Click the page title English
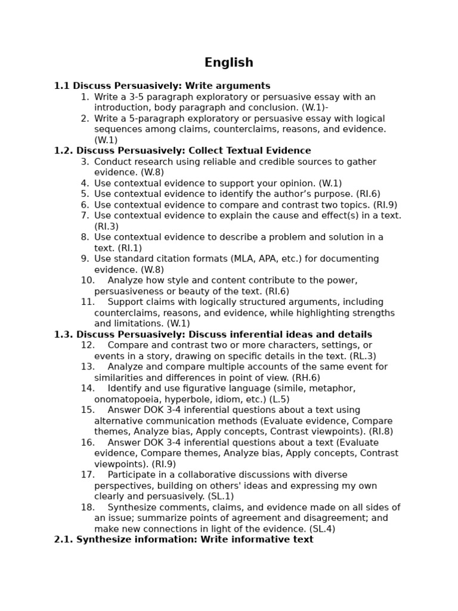(228, 63)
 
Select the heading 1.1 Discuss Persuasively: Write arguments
(162, 86)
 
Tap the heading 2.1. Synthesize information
(183, 539)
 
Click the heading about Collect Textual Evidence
(182, 151)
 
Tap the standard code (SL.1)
(221, 496)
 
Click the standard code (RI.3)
(106, 227)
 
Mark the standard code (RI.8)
(381, 431)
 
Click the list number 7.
(85, 215)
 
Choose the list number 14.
(88, 388)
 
